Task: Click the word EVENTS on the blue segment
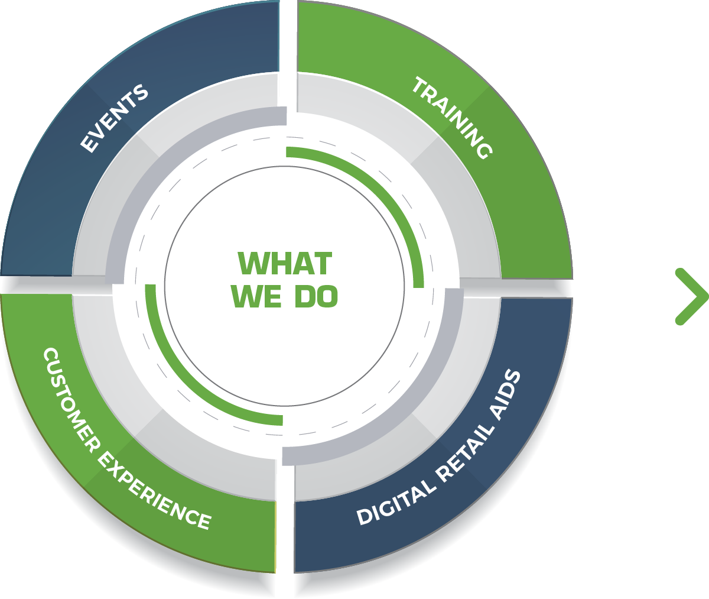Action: pyautogui.click(x=114, y=119)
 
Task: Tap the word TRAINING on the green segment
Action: pyautogui.click(x=452, y=117)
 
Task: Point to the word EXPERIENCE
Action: pyautogui.click(x=153, y=490)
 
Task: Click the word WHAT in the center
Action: pyautogui.click(x=285, y=263)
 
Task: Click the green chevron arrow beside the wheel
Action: pyautogui.click(x=691, y=296)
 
